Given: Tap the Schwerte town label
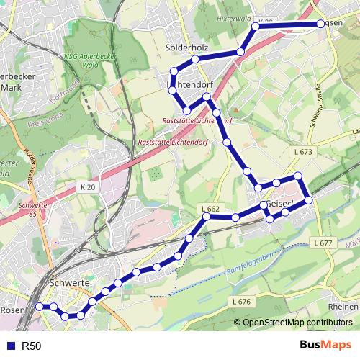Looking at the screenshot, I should pos(71,284).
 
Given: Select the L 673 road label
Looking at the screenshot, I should pos(303,153).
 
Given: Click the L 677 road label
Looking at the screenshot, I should pos(323,243).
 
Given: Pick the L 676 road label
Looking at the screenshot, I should pos(241,300).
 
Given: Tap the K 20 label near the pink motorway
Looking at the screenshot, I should pos(87,186).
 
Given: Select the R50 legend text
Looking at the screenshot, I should pos(31,346).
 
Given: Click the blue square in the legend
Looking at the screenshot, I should pos(11,346).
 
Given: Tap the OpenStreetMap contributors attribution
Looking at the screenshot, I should pos(293,322).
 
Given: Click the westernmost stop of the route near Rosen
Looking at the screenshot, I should pos(39,306).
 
